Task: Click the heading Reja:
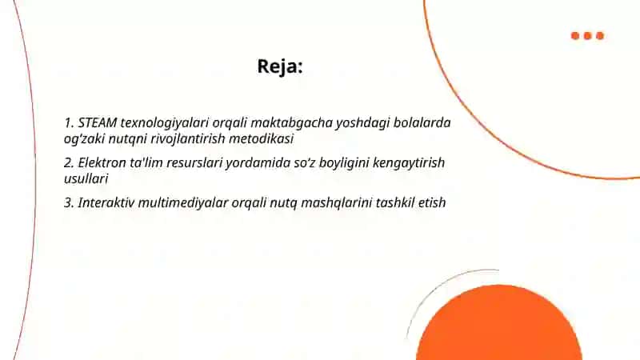280,66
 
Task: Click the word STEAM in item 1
97,122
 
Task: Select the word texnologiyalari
165,123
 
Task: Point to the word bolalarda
422,122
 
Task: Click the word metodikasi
262,138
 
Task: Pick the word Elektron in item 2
102,162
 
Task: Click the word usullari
86,178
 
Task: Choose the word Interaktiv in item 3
106,202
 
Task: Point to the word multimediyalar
183,203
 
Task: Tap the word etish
432,202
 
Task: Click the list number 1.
69,123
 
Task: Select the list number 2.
69,163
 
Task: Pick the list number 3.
69,203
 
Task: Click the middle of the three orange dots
588,36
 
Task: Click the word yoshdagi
363,123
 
